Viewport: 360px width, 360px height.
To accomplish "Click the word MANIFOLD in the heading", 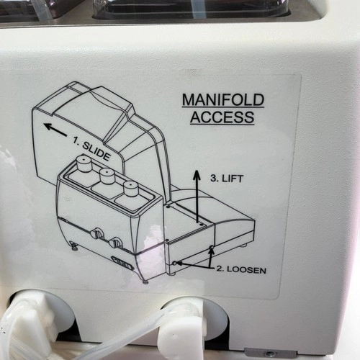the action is click(x=223, y=100).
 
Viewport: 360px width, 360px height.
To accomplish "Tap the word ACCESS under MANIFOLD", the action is click(x=222, y=117).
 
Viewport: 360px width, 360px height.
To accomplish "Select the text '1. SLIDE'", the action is click(x=91, y=148).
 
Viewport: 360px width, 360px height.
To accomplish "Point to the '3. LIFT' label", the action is click(x=227, y=179).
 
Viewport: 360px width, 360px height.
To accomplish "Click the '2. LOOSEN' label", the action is click(x=241, y=269).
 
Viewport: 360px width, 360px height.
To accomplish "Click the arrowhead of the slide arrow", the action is click(x=48, y=126).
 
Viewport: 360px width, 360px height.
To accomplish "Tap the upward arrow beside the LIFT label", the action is click(x=197, y=197).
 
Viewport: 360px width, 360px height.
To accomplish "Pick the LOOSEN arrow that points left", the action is click(x=193, y=265).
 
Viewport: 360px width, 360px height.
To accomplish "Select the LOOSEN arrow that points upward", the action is click(x=211, y=258).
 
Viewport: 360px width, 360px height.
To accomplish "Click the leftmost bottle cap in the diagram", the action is click(x=84, y=163).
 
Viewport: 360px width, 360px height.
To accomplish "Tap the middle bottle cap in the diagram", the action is click(x=107, y=176).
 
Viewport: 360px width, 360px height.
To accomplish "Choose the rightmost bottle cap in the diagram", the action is click(x=130, y=189).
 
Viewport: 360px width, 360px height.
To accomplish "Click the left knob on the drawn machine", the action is click(x=97, y=233).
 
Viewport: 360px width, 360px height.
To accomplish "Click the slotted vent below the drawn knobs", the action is click(x=122, y=263).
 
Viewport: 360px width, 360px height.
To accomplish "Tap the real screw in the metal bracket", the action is click(x=271, y=354).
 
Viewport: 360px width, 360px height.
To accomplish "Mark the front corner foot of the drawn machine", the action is click(x=145, y=282).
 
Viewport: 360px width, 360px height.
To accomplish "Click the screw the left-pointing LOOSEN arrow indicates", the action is click(x=175, y=263).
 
